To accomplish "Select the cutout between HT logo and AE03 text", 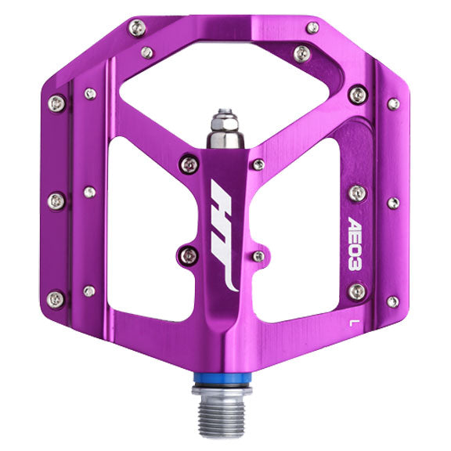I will click(x=301, y=227).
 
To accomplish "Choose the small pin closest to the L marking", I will click(x=392, y=301).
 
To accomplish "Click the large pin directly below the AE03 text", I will click(x=357, y=291).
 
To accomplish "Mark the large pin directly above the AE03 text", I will click(x=357, y=193).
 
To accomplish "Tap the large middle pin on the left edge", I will click(x=56, y=201).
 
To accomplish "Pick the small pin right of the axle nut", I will click(x=259, y=164).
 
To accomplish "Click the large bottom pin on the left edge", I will click(x=56, y=298).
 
